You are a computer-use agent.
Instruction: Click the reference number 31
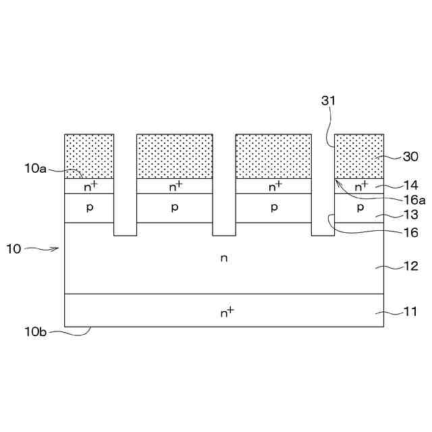[x=329, y=101]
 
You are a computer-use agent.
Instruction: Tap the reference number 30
[x=410, y=157]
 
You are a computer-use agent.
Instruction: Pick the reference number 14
[x=410, y=184]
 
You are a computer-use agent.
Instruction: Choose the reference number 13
[x=410, y=215]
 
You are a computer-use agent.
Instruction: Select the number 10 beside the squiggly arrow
[x=13, y=249]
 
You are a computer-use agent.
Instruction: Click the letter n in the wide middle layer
[x=223, y=259]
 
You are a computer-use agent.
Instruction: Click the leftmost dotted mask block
[x=89, y=156]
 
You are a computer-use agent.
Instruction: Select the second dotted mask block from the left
[x=175, y=156]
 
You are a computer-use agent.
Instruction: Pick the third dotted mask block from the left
[x=273, y=156]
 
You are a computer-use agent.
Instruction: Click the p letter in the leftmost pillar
[x=89, y=208]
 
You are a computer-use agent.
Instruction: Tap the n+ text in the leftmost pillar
[x=89, y=186]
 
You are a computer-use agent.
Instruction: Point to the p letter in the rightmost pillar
[x=360, y=208]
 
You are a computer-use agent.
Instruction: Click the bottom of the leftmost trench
[x=125, y=234]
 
